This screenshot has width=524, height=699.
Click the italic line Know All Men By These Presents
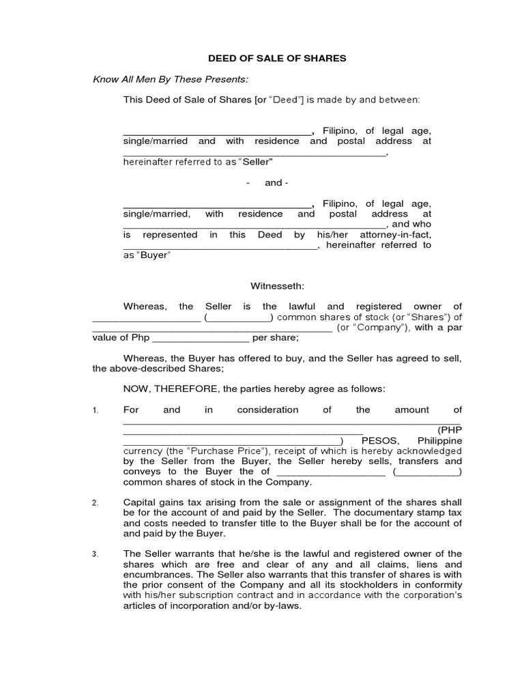coord(171,79)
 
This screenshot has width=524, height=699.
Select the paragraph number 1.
coord(96,410)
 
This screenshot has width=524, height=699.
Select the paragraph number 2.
coord(96,503)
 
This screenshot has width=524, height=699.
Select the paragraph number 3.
coord(96,554)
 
